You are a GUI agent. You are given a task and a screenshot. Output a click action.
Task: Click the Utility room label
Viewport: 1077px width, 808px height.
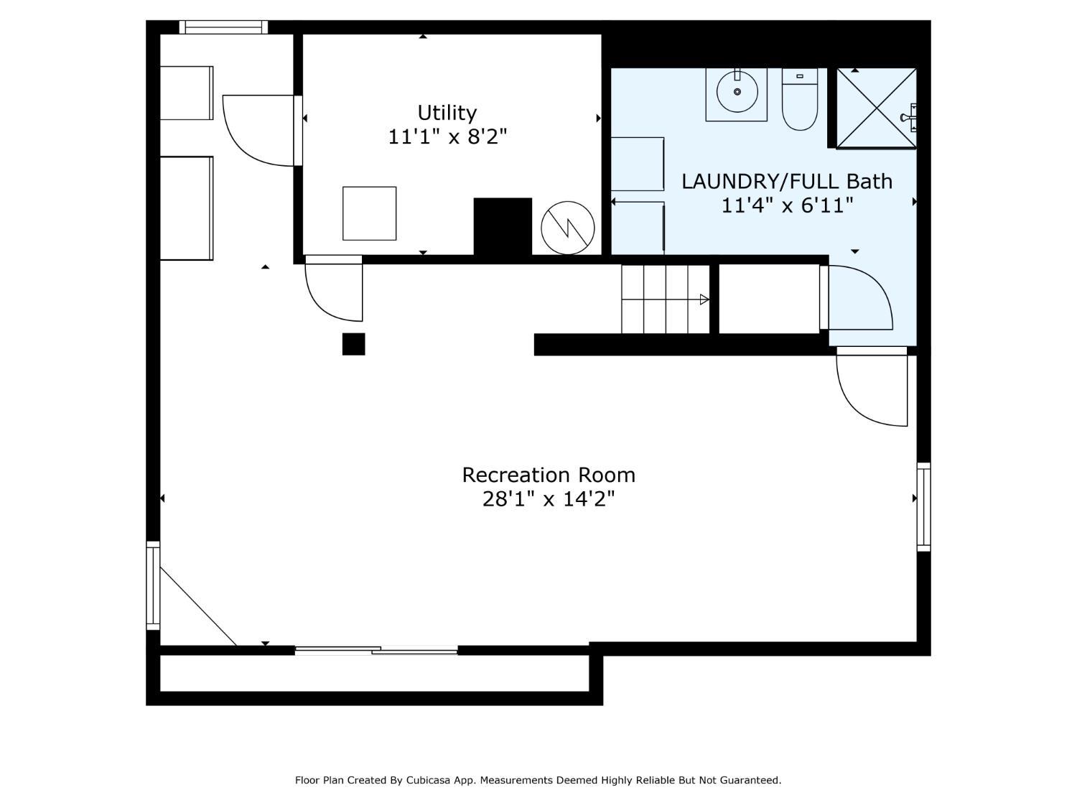point(447,113)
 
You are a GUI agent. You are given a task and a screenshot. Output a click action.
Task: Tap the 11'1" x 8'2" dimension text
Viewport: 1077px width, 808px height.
point(447,136)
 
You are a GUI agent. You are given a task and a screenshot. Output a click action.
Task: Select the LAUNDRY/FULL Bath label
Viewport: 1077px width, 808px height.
point(786,182)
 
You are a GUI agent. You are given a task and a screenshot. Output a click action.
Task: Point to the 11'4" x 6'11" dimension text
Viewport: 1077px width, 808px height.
point(787,205)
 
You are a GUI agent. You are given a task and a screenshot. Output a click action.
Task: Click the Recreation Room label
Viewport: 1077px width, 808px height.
point(549,475)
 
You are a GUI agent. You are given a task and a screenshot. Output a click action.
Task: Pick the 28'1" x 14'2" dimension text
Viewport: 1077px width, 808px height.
point(549,499)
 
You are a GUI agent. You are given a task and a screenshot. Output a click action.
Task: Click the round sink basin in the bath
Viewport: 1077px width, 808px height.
point(737,91)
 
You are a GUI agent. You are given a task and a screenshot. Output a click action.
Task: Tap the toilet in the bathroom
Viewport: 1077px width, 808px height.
point(799,99)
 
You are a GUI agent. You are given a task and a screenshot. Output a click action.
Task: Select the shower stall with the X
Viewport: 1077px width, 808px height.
point(876,108)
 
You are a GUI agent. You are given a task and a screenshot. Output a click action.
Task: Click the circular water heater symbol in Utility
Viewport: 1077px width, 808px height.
point(568,228)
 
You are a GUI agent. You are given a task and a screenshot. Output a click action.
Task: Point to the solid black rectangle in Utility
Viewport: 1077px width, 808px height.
point(503,226)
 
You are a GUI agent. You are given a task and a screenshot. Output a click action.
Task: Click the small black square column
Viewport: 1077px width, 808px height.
point(353,344)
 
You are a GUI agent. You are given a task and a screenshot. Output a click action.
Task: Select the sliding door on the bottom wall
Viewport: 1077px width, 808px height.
point(376,651)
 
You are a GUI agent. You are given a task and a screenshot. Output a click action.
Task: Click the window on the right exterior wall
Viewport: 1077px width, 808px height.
point(923,507)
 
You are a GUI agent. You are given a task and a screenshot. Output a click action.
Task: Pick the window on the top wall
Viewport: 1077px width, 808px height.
point(223,27)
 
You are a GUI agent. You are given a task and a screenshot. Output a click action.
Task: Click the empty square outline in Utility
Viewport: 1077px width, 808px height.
point(370,213)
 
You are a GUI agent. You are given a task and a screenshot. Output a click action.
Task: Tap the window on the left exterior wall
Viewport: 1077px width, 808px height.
point(153,586)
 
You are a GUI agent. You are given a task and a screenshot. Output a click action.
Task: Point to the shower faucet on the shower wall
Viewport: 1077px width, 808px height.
point(909,118)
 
